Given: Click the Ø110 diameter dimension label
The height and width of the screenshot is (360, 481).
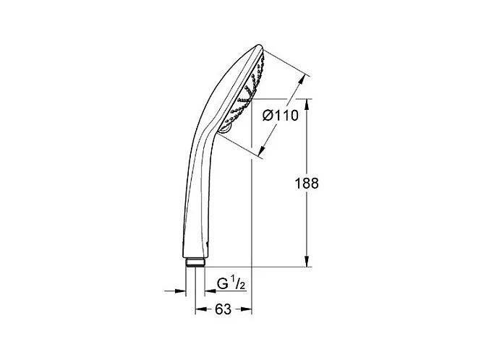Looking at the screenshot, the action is coord(281,116).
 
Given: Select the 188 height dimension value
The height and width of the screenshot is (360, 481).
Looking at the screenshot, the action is coord(307,184).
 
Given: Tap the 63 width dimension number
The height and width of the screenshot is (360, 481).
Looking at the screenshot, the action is coord(223,309).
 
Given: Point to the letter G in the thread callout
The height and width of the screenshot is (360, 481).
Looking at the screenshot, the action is coord(222,283).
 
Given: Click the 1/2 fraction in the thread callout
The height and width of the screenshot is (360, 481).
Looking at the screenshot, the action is coord(238,283).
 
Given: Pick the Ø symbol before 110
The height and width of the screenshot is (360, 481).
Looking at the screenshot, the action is coord(268,116).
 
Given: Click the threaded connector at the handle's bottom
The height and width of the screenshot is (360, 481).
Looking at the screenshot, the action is coord(195,262).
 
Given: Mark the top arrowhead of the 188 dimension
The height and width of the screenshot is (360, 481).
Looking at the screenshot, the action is coord(307,105).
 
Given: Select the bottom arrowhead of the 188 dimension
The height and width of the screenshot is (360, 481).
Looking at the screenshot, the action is coord(307,261).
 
